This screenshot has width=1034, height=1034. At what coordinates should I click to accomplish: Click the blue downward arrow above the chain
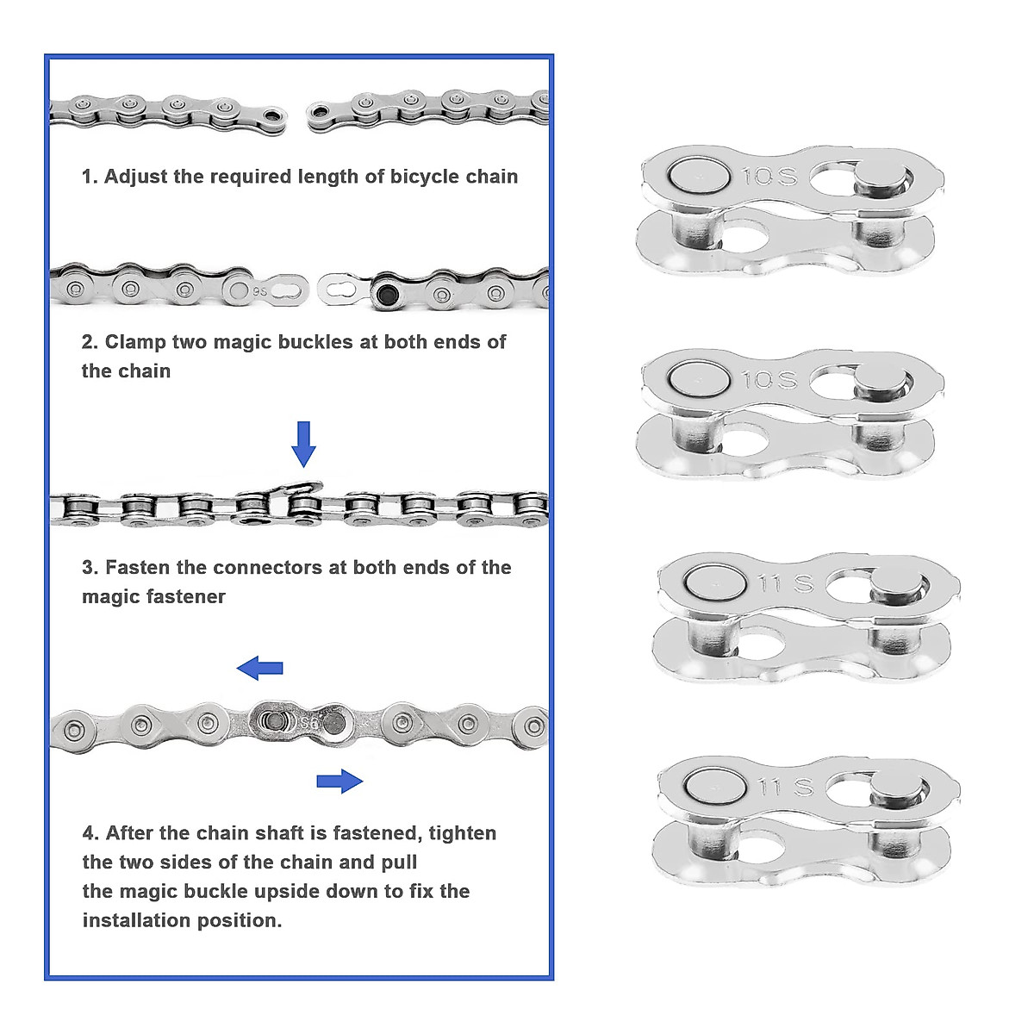coord(303,443)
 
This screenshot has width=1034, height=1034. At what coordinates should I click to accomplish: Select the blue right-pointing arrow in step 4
coord(339,781)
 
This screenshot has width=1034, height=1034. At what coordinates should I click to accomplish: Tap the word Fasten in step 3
coord(137,568)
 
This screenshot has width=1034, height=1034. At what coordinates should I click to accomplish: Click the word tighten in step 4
coord(462,833)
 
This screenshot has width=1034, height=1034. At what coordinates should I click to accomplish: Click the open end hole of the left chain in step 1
coord(274,115)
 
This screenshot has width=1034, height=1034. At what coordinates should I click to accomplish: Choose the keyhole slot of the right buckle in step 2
coord(342,289)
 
